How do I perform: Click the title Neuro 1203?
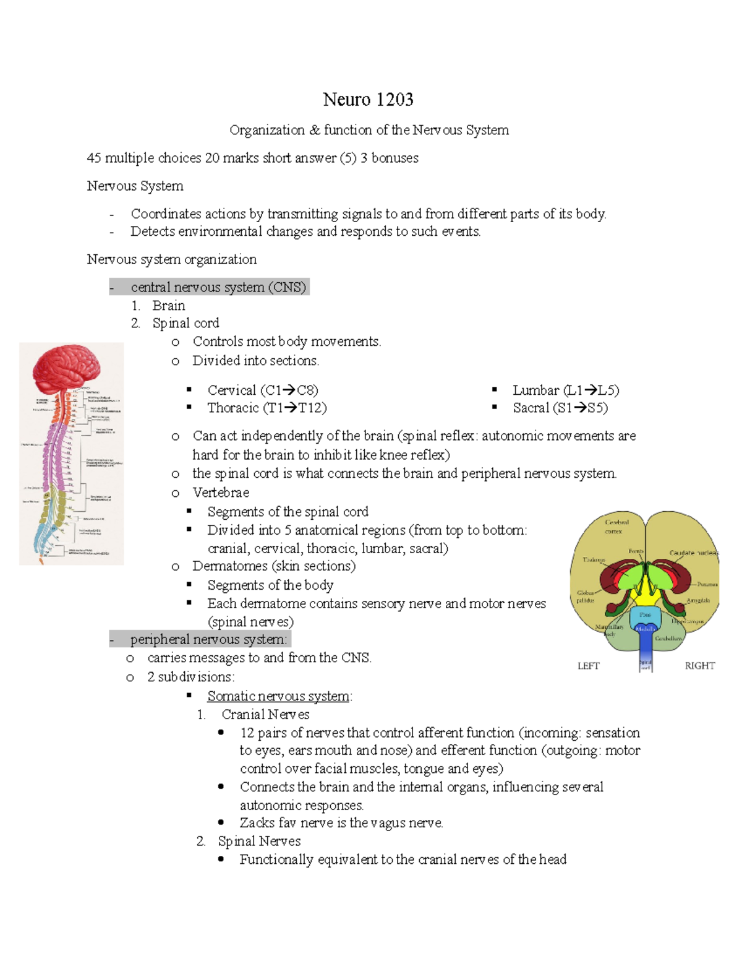[368, 100]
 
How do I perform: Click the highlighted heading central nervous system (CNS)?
[218, 287]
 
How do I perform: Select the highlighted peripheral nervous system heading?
[208, 639]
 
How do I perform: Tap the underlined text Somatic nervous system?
[278, 696]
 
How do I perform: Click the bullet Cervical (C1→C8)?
[263, 390]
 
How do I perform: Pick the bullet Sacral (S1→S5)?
[560, 408]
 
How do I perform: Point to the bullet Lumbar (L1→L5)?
[566, 390]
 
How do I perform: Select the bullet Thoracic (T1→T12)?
[267, 408]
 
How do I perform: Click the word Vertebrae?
[221, 493]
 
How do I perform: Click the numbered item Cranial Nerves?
[265, 715]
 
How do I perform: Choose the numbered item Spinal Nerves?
[259, 842]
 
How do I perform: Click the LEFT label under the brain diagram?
[588, 666]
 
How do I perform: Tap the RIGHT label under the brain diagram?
[699, 666]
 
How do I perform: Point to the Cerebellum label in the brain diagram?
[668, 638]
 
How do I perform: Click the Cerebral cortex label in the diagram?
[616, 527]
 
